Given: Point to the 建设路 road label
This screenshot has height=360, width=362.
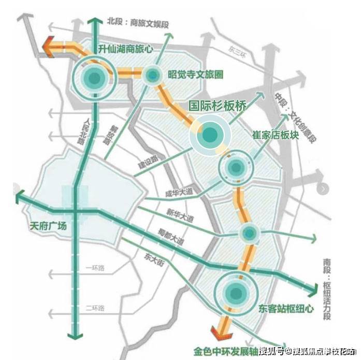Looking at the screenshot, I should click(147, 161).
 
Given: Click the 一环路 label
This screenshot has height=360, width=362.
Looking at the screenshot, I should click(94, 267).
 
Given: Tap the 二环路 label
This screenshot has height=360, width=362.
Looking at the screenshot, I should click(94, 308).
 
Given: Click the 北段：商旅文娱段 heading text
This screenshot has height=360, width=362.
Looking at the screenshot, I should click(139, 22).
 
